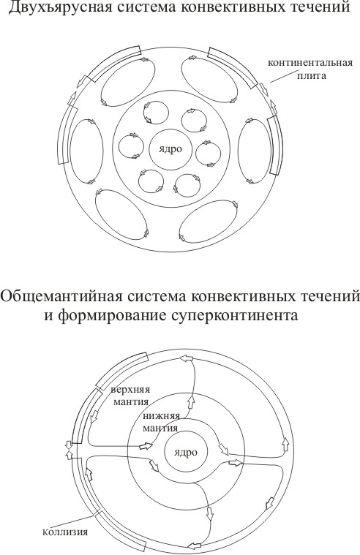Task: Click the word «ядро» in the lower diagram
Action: (x=186, y=453)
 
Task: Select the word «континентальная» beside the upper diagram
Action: (x=310, y=63)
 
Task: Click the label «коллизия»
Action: (x=65, y=532)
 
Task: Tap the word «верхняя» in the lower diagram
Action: (x=130, y=390)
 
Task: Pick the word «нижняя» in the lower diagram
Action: (x=162, y=415)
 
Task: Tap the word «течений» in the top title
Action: (x=318, y=7)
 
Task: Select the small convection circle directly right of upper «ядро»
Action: (x=209, y=154)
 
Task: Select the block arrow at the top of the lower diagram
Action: (x=187, y=358)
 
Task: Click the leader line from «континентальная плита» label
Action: (x=282, y=77)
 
